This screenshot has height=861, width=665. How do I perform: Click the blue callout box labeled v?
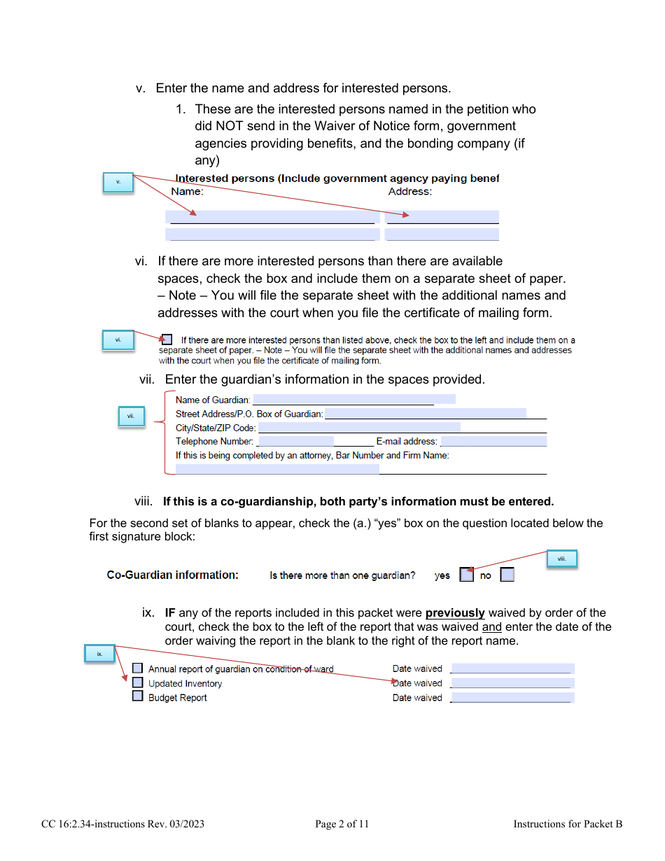coord(118,183)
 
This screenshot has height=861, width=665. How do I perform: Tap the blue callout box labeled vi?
coord(118,340)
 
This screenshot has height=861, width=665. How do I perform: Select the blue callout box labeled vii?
coord(131,416)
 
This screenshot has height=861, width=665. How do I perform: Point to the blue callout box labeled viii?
coord(561,559)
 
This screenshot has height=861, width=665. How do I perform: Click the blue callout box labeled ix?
coord(100,654)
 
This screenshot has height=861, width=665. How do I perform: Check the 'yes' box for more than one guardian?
coord(466,575)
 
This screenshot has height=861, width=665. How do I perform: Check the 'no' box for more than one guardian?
coord(507,575)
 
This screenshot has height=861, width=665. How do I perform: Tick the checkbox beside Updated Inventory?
coord(138,682)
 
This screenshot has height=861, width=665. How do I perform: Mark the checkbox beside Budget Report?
coord(138,696)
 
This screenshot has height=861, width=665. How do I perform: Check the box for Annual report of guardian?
coord(138,668)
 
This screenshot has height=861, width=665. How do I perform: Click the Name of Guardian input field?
coord(353,399)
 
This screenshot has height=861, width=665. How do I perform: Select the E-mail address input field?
coord(493,441)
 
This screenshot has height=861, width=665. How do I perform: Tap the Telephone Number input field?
coord(295,441)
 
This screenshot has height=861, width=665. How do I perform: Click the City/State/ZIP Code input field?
coord(359,427)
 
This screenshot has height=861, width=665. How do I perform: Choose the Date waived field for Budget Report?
coord(512,697)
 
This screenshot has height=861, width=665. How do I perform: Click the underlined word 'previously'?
coord(455,612)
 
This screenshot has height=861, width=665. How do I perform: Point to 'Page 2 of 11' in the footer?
coord(342,824)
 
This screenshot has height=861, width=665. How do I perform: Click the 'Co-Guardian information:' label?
coord(172,575)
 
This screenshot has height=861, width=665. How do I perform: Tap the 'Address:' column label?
coord(410,191)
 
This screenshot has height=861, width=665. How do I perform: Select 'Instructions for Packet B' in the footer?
coord(568,824)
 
